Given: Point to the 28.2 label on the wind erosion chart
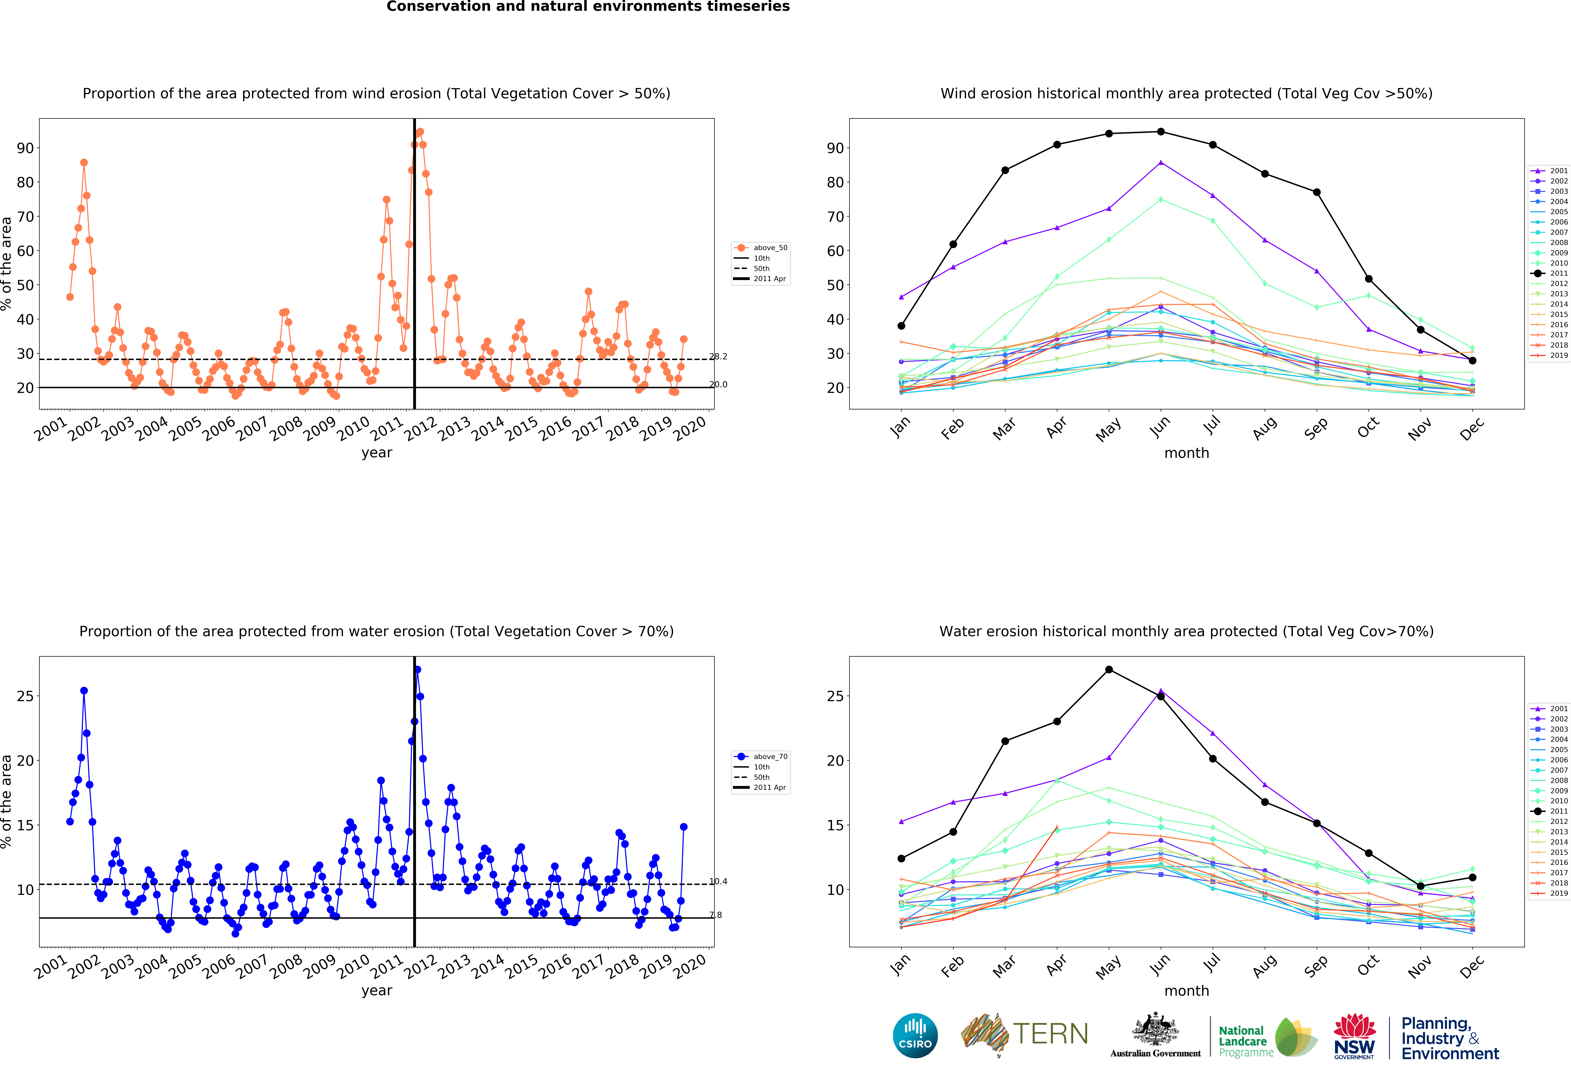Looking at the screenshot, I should click(718, 356).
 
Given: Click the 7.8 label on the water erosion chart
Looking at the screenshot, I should click(715, 915).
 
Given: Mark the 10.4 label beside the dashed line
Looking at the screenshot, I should click(718, 881).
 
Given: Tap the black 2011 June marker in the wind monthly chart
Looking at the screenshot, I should click(1161, 132).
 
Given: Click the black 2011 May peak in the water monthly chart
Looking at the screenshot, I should click(1109, 669).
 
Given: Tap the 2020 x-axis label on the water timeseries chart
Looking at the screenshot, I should click(690, 965).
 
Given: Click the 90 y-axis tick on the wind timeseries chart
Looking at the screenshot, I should click(25, 148).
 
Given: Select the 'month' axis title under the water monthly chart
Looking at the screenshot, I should click(1186, 990).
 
